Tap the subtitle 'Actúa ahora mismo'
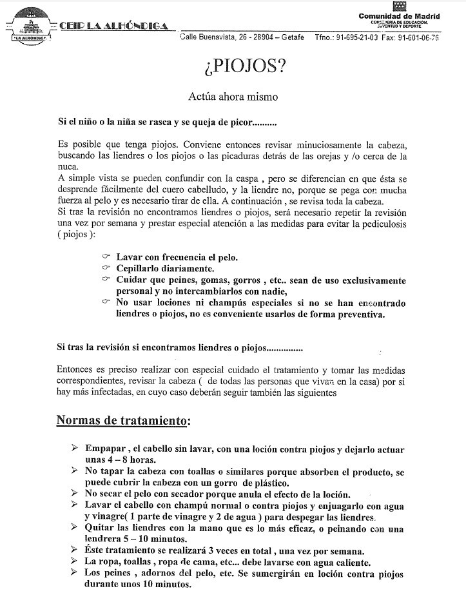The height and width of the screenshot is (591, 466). click(233, 97)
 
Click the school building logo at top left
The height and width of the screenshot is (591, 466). click(27, 24)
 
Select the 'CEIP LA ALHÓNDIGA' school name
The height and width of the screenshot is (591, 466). click(113, 26)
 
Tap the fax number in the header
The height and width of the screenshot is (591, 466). click(418, 38)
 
